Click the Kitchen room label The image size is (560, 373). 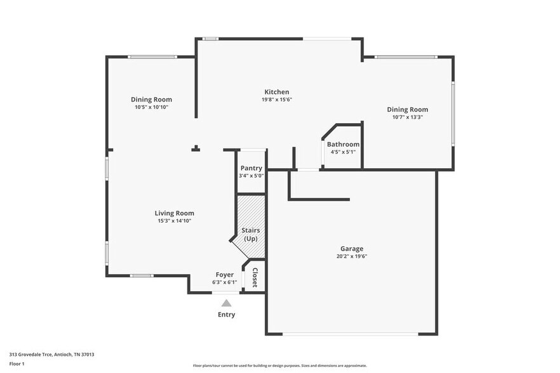(277, 92)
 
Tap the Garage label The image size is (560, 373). (352, 249)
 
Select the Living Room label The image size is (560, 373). (174, 213)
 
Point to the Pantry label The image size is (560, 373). (251, 168)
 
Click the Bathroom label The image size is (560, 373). (343, 144)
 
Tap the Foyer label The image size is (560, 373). (225, 275)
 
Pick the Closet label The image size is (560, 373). (255, 278)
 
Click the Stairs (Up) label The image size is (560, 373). (251, 235)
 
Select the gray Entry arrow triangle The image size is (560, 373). (226, 303)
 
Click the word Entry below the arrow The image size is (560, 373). (227, 315)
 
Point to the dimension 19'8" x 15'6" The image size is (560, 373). (277, 100)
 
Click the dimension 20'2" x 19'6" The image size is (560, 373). (352, 256)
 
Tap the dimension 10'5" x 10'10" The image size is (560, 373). (151, 107)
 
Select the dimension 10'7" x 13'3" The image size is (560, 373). (408, 117)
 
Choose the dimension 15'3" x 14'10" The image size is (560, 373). (174, 221)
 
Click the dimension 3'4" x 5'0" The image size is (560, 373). (251, 176)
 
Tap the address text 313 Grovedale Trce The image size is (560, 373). (30, 355)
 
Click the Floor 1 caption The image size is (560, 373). (17, 364)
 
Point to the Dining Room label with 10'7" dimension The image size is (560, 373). (408, 110)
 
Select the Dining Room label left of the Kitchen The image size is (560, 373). (151, 100)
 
